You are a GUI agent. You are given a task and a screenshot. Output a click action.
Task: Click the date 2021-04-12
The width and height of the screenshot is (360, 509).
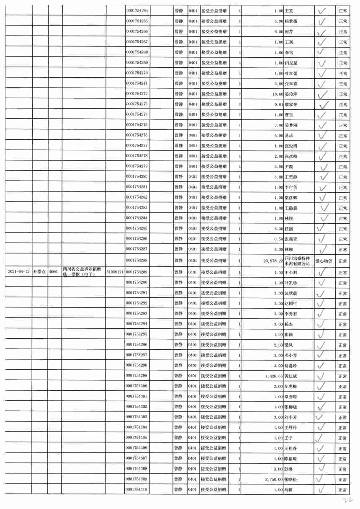click(18, 272)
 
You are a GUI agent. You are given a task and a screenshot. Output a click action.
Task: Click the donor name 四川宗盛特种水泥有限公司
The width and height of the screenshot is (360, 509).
click(297, 261)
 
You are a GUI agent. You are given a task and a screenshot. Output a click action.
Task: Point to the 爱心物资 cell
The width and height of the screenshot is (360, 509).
click(324, 261)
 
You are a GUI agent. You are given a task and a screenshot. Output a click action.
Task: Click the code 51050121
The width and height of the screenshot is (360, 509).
click(115, 272)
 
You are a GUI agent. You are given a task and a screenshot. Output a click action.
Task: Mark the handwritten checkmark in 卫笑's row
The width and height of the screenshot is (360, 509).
click(322, 11)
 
